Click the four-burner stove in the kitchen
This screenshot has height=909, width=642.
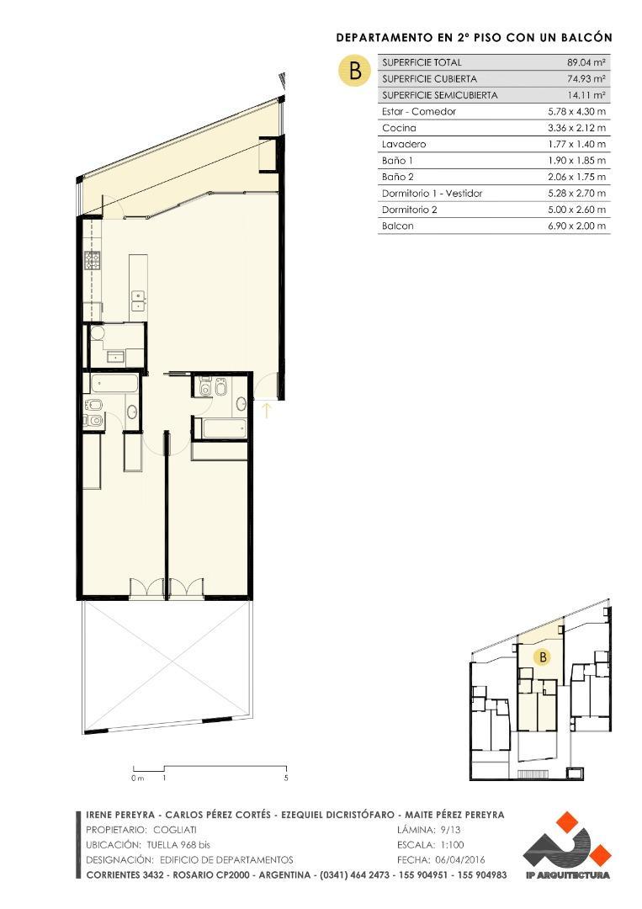tap(91, 260)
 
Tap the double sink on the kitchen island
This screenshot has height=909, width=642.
tap(138, 300)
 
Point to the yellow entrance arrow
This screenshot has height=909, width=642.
tap(267, 411)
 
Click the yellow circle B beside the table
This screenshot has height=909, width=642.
tap(354, 70)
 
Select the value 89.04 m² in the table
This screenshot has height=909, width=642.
tap(586, 62)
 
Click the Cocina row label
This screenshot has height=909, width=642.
tap(399, 128)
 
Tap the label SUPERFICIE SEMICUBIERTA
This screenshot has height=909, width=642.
tap(439, 95)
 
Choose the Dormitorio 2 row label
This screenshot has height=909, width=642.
tap(410, 210)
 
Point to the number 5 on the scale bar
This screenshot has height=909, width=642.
tap(286, 778)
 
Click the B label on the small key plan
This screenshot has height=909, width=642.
tap(543, 657)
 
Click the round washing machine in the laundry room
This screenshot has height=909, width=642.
tap(98, 335)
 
